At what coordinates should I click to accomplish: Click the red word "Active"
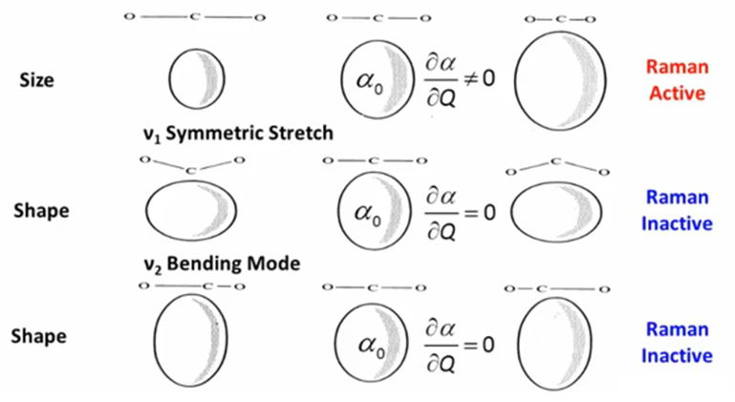coord(676,94)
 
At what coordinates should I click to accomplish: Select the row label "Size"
coord(36,80)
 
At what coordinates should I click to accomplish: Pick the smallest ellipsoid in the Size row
coord(197,77)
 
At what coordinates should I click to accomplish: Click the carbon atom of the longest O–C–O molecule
coord(195,17)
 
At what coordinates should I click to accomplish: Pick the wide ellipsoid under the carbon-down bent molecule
coord(190,209)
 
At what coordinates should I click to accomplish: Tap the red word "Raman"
coord(676,67)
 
